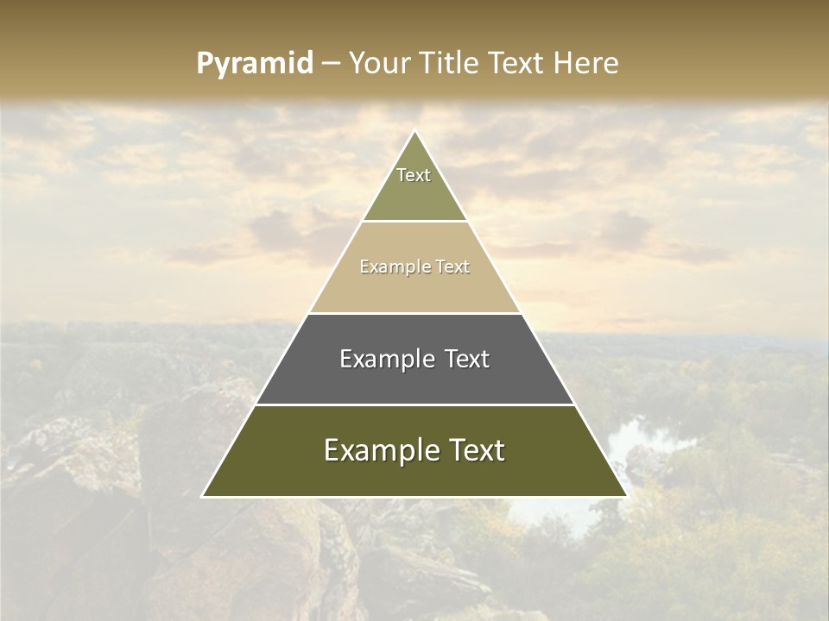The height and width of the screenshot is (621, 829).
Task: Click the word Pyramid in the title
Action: pos(255,64)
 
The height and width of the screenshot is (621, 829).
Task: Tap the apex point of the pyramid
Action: pos(414,131)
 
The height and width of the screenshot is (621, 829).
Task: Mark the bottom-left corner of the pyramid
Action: pos(203,496)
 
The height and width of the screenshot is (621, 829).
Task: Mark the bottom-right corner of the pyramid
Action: pos(626,496)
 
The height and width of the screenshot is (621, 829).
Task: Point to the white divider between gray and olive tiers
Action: pos(414,405)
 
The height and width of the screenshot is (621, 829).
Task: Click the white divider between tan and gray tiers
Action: pos(414,313)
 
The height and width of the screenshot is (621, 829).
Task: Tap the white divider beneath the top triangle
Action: pos(414,222)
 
